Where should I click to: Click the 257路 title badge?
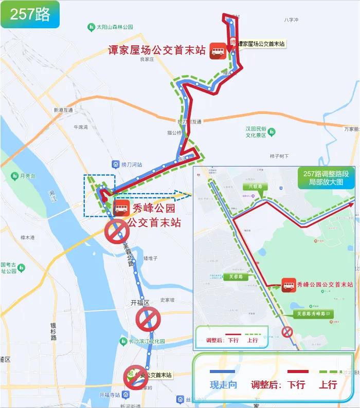[30, 14]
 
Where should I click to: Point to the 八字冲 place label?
[292, 20]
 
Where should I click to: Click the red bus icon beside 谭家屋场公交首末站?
[219, 50]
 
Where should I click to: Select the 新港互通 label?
[63, 110]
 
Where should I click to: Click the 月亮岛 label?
[26, 176]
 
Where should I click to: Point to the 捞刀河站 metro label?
[128, 164]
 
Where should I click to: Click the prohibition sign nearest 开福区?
[148, 320]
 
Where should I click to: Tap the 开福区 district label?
[139, 303]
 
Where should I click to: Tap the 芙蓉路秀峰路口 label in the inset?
[313, 313]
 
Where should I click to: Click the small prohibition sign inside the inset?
[287, 332]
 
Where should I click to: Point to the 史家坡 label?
[168, 300]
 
